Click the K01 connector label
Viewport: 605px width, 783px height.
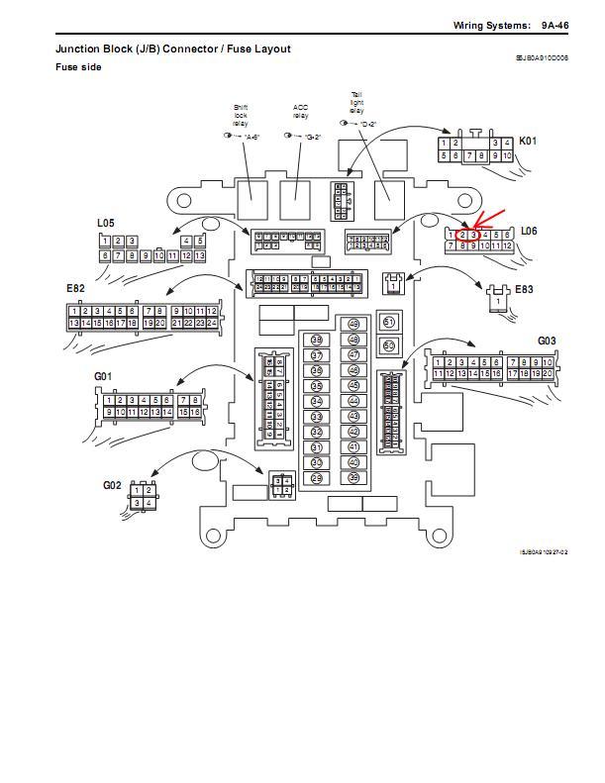[528, 141]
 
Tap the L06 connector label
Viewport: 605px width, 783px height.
[529, 231]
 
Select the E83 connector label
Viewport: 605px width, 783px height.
[524, 289]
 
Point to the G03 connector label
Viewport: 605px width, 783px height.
[547, 342]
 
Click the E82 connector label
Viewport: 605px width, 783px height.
[75, 288]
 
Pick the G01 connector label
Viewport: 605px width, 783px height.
[103, 376]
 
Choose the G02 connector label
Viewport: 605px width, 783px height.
[112, 485]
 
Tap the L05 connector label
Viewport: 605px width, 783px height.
[106, 224]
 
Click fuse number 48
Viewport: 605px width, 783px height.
[353, 325]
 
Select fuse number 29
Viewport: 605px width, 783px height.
[317, 478]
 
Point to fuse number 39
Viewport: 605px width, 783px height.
[353, 478]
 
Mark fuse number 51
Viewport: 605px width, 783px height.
[389, 322]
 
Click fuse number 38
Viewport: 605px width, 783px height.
[317, 340]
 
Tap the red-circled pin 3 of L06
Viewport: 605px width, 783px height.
[474, 235]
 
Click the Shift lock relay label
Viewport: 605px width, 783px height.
[242, 115]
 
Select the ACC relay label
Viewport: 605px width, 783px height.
[300, 111]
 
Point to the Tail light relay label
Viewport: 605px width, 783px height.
[356, 103]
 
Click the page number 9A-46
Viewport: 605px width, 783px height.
[555, 25]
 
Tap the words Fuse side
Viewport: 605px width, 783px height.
[78, 67]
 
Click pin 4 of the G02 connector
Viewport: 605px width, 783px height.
[149, 503]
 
